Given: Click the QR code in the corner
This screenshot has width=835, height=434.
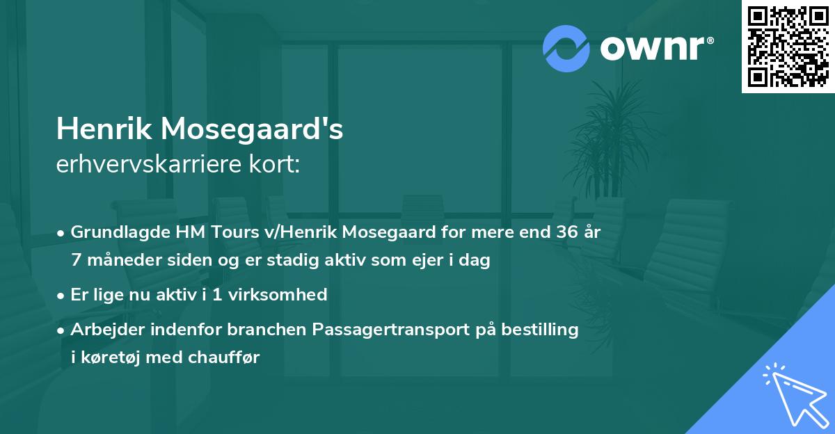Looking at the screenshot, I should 788,46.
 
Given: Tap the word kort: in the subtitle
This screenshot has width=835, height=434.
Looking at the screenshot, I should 277,165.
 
